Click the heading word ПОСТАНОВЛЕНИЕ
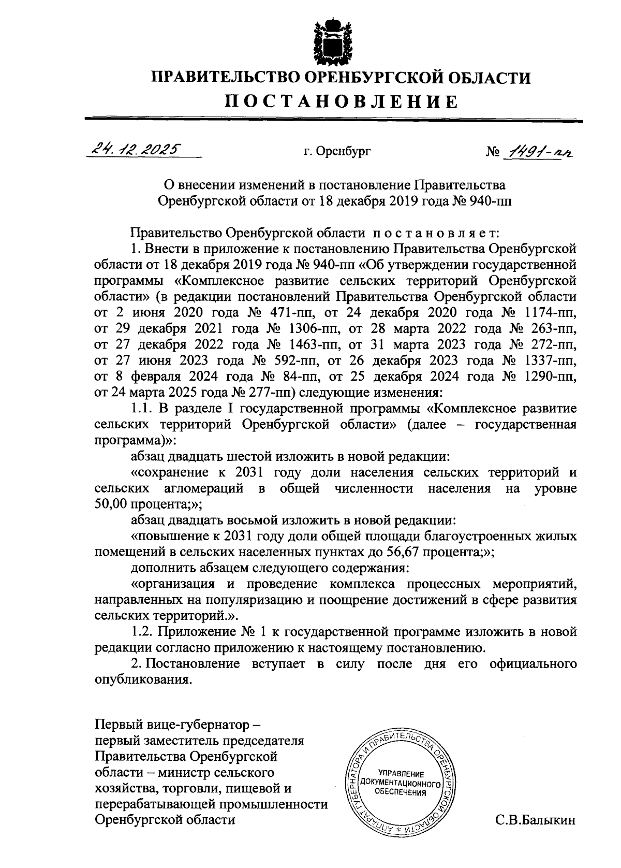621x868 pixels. point(342,101)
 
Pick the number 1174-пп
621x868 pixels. point(548,312)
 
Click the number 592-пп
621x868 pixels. point(293,360)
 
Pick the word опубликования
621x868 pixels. point(140,680)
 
